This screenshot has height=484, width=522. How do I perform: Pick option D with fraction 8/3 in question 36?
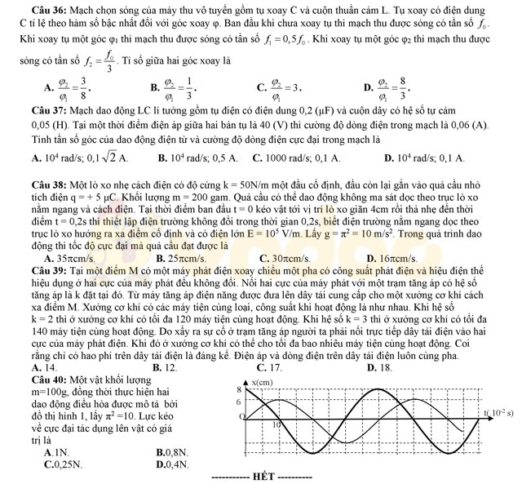(x=389, y=85)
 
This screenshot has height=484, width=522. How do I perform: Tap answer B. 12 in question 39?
(x=166, y=368)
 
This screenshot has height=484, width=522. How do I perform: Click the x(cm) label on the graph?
(x=262, y=383)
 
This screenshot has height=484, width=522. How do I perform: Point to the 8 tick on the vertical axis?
(x=240, y=391)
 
